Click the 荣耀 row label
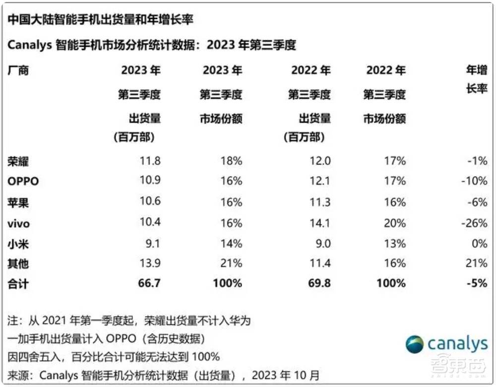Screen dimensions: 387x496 point(18,161)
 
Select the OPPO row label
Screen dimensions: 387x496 point(23,181)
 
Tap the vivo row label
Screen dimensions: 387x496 point(18,223)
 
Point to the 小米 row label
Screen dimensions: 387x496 point(18,243)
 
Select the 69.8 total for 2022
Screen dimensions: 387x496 point(320,283)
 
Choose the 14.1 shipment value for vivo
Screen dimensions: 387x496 point(320,223)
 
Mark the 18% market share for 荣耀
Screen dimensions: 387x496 point(232,161)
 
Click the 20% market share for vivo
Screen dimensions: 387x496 point(395,223)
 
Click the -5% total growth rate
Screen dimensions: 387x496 point(476,283)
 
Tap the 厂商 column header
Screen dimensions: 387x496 point(18,70)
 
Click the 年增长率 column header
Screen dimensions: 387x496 point(476,79)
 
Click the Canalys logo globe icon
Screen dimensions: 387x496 point(415,344)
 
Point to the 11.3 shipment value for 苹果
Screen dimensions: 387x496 point(320,202)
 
